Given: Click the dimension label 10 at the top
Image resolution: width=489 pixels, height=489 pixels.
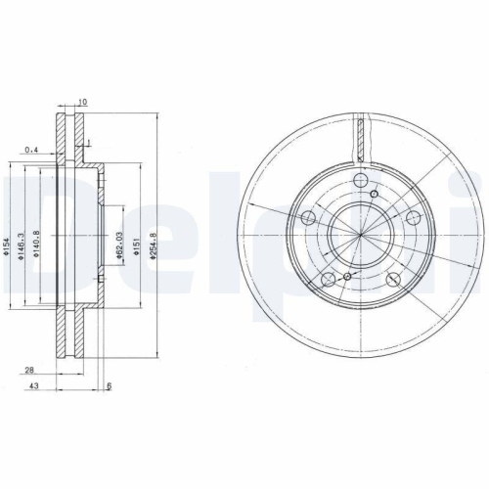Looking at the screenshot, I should pyautogui.click(x=84, y=102).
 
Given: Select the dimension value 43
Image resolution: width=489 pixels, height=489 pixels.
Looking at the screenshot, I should pyautogui.click(x=33, y=386).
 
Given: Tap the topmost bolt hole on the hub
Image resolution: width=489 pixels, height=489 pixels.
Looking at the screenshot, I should pyautogui.click(x=361, y=180).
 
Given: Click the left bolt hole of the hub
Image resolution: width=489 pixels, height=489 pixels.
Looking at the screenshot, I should pyautogui.click(x=308, y=217).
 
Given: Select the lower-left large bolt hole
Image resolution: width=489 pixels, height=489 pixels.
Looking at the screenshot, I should pyautogui.click(x=329, y=279).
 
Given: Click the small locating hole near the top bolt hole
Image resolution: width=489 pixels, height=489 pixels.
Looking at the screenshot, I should pyautogui.click(x=375, y=194).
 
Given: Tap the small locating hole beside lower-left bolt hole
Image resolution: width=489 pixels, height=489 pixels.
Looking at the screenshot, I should pyautogui.click(x=345, y=279).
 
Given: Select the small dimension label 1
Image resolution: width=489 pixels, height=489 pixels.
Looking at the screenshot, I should pyautogui.click(x=89, y=144).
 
